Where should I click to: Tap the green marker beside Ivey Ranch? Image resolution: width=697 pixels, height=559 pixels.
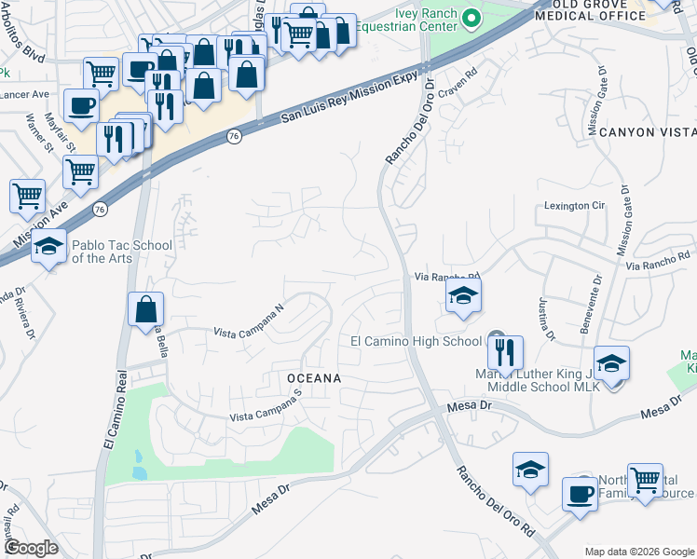[471, 18]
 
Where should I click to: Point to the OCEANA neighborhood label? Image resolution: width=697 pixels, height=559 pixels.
[307, 378]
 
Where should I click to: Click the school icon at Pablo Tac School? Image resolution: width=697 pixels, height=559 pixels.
[48, 247]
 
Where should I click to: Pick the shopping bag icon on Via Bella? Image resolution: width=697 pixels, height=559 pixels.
[146, 310]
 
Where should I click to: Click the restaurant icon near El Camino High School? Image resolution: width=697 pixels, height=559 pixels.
[505, 351]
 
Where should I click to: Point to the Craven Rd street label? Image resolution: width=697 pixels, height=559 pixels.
[458, 82]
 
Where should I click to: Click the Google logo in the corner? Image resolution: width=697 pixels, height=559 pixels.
[30, 548]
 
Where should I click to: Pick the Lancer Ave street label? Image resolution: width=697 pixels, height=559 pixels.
[23, 94]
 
